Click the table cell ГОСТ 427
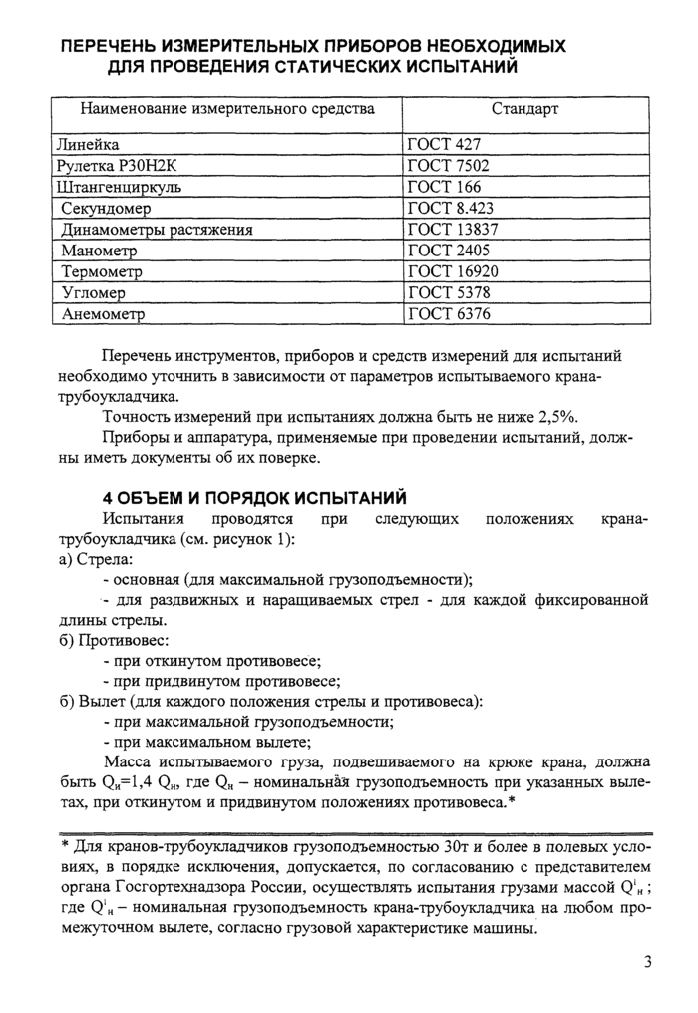[x=446, y=144]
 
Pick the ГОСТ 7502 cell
[x=451, y=166]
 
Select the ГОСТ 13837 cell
[x=455, y=230]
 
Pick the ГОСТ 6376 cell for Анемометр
[x=451, y=315]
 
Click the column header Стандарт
[x=524, y=108]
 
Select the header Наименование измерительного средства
[x=227, y=108]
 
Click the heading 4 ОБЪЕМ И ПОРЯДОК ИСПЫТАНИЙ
[x=256, y=496]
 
